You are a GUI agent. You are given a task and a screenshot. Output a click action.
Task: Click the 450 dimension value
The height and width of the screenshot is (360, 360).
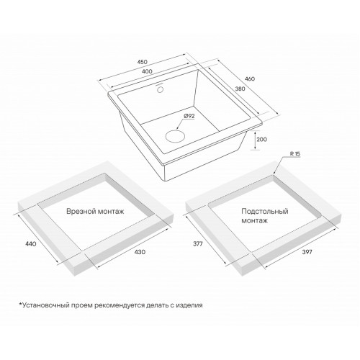pyautogui.click(x=143, y=62)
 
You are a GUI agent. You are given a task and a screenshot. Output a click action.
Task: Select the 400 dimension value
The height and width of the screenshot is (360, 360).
pyautogui.click(x=147, y=71)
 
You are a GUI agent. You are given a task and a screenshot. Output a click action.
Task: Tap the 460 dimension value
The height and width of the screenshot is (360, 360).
pyautogui.click(x=250, y=78)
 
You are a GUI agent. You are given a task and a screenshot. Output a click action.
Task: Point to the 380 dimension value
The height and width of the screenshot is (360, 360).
pyautogui.click(x=240, y=89)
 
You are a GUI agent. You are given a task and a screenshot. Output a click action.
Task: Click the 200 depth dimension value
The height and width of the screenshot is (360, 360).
pyautogui.click(x=261, y=140)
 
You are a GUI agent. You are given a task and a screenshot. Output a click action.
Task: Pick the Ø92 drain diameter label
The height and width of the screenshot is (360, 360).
pyautogui.click(x=189, y=116)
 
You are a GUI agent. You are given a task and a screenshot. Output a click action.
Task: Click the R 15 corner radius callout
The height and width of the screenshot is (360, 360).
pyautogui.click(x=295, y=154)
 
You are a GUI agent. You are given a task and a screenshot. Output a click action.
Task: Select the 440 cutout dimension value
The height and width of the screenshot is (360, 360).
pyautogui.click(x=31, y=244)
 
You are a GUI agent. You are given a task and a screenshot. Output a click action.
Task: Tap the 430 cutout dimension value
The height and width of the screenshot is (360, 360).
pyautogui.click(x=140, y=252)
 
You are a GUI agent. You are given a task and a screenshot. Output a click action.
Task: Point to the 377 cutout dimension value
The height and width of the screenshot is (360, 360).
pyautogui.click(x=198, y=244)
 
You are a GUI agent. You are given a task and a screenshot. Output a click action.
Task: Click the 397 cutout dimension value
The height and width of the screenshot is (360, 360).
pyautogui.click(x=307, y=252)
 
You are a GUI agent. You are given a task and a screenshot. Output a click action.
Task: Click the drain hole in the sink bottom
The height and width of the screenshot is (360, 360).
pyautogui.click(x=175, y=136)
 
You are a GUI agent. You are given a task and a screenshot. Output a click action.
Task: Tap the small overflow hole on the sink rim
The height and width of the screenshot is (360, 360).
pyautogui.click(x=160, y=90)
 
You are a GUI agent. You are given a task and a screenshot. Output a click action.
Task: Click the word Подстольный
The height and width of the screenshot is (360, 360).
pyautogui.click(x=265, y=212)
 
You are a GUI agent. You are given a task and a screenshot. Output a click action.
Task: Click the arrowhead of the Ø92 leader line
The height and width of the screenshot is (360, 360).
pyautogui.click(x=176, y=129)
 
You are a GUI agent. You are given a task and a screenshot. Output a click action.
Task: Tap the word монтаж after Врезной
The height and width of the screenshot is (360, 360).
pyautogui.click(x=111, y=212)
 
